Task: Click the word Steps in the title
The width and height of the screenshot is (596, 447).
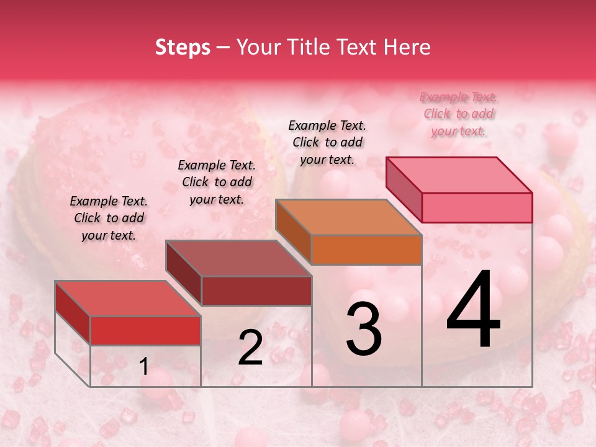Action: (x=183, y=48)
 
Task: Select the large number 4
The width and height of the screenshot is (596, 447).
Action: (x=474, y=310)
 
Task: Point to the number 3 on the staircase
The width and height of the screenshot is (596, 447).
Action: (x=364, y=329)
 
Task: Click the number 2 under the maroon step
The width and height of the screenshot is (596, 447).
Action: (x=250, y=348)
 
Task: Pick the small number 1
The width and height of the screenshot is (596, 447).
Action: (x=143, y=367)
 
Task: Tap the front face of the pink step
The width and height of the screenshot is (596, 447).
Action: (x=477, y=207)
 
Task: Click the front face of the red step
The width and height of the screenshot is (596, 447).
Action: (x=145, y=330)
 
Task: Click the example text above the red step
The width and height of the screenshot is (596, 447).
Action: (x=109, y=218)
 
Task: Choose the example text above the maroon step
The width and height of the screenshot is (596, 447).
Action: (x=217, y=182)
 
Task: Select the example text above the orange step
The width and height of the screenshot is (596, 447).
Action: (x=327, y=142)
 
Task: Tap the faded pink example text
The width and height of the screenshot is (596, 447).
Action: (x=458, y=114)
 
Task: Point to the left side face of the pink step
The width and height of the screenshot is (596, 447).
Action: (x=404, y=189)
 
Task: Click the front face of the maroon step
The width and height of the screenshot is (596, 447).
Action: (x=256, y=291)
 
